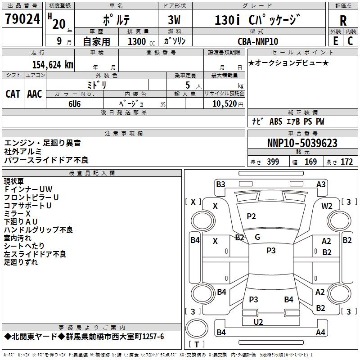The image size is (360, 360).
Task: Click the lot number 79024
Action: [22, 19]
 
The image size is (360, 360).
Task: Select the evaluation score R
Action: [343, 21]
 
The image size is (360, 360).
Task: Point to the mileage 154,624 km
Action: [53, 64]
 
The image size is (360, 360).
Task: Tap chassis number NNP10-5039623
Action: [302, 143]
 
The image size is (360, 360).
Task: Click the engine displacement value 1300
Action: [137, 41]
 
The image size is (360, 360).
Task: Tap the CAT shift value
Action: [13, 94]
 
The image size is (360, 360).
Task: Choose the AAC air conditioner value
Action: [35, 94]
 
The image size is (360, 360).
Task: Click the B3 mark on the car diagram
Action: [220, 184]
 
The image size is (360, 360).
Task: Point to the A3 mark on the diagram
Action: [321, 184]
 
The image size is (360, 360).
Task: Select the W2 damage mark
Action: [327, 206]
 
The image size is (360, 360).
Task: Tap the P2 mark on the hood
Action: [251, 216]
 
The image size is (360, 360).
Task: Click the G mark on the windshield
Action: [257, 237]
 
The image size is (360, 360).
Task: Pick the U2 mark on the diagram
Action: [258, 322]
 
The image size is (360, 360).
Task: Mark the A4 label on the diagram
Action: [320, 333]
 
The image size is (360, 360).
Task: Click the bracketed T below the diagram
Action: [197, 345]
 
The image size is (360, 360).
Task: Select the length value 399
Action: [273, 162]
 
